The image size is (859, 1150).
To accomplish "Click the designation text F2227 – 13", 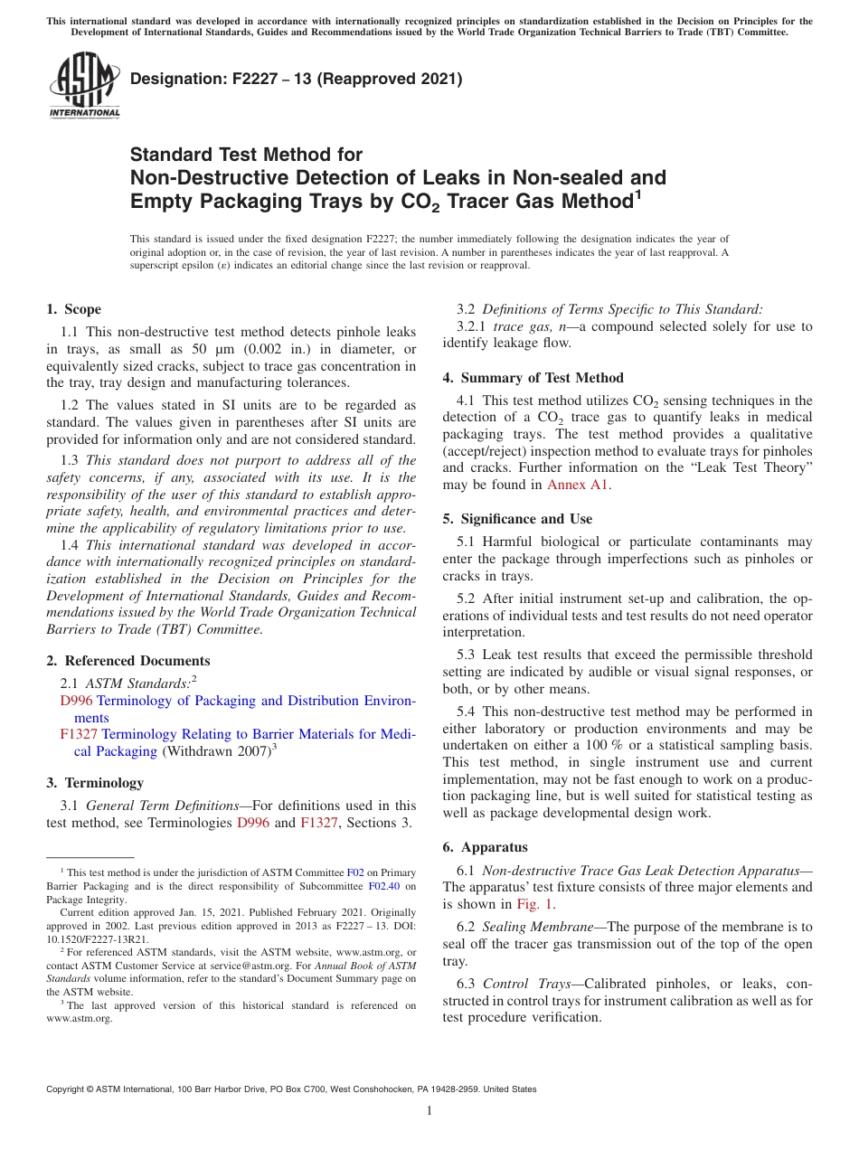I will [x=296, y=80].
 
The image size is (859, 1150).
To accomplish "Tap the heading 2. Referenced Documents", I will [x=128, y=661].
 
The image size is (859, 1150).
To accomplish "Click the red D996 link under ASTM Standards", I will [x=76, y=701].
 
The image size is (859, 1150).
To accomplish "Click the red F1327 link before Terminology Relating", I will [x=78, y=734].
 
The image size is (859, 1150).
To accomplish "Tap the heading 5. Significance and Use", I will [x=517, y=519].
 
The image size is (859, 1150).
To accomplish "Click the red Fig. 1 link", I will [x=535, y=904].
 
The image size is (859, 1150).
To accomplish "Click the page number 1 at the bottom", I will [x=429, y=1111].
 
